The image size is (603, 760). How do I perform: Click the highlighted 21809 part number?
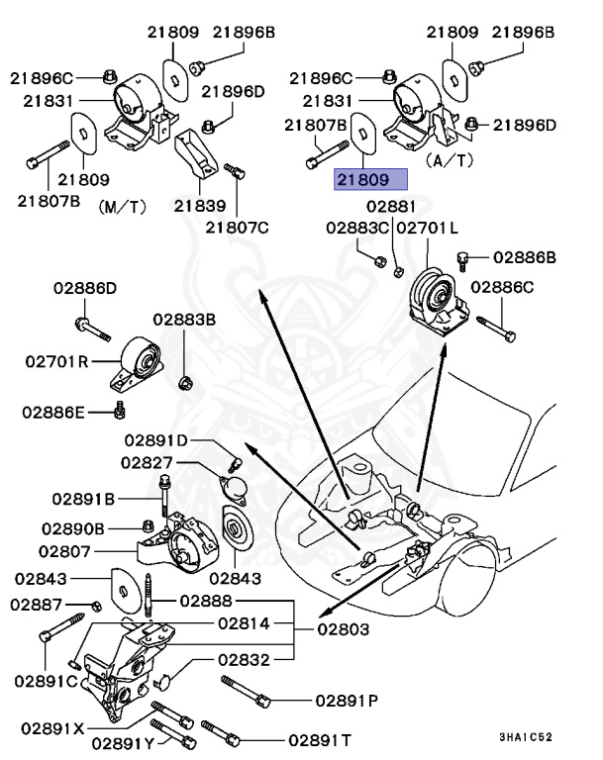coord(369,181)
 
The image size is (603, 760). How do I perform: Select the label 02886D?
coord(84,288)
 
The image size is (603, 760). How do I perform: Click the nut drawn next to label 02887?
coord(96,605)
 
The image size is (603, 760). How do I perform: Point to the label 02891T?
coord(320,738)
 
